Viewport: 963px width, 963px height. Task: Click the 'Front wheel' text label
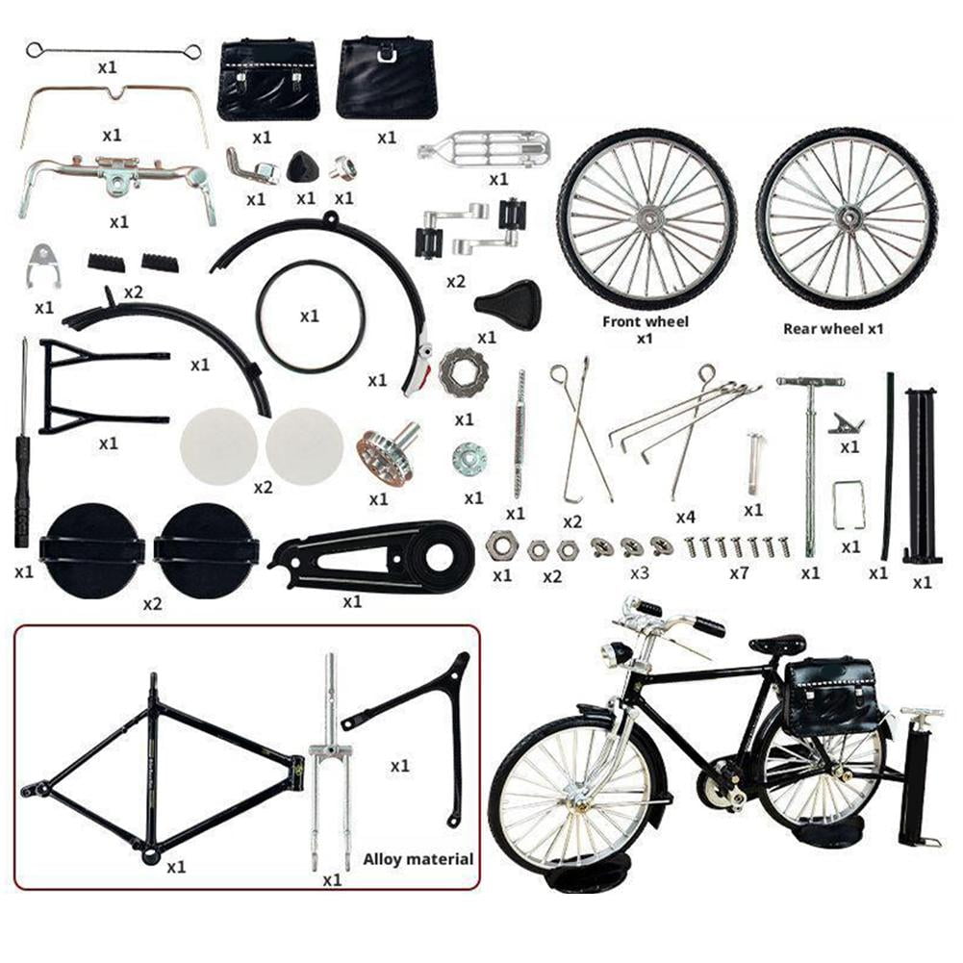click(x=646, y=321)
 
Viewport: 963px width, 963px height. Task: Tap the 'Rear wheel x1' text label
click(x=833, y=328)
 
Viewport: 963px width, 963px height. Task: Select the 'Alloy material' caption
click(x=418, y=858)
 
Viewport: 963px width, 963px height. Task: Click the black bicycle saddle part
click(x=508, y=304)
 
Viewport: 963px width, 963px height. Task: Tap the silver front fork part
click(x=329, y=760)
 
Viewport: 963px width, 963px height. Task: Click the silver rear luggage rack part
click(x=486, y=149)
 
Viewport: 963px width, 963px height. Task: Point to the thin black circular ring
click(x=310, y=317)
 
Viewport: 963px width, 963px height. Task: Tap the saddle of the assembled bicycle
click(x=777, y=645)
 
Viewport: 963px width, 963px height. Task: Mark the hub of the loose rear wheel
click(x=847, y=217)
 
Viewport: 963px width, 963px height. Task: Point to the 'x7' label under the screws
click(x=738, y=572)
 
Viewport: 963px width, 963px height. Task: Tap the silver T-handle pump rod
click(x=810, y=462)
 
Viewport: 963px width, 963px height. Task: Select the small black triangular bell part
click(x=303, y=168)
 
